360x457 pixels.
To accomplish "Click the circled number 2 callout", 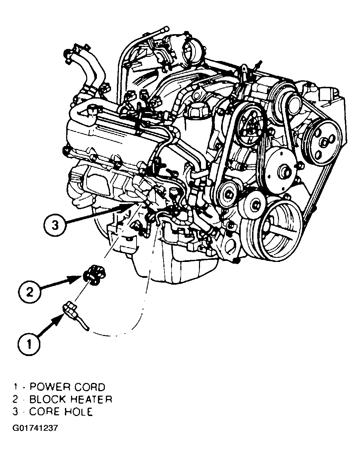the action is (x=30, y=293).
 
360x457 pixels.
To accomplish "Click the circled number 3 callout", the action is (x=55, y=225).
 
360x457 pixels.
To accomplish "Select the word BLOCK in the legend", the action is (x=48, y=399).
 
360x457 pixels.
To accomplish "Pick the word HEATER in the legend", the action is (x=91, y=399).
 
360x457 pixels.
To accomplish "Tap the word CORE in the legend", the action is (x=44, y=412).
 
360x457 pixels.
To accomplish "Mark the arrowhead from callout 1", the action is (x=58, y=320).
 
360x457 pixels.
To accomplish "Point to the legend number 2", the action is (x=15, y=399).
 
